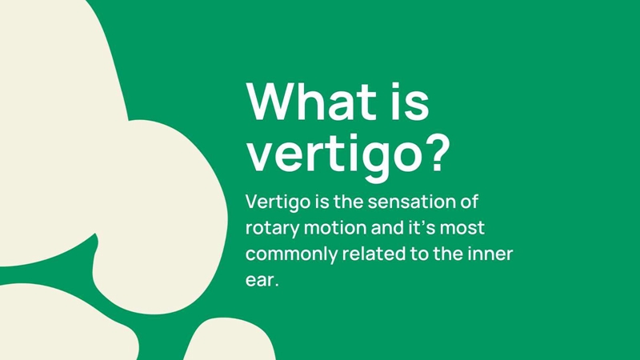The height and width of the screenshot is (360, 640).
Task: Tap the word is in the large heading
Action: [411, 102]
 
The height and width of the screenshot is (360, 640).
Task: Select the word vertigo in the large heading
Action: [334, 155]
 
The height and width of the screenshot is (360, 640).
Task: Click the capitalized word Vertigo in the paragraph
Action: [278, 202]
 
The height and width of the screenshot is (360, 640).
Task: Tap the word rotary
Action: [272, 228]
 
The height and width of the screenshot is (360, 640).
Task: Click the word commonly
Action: [291, 254]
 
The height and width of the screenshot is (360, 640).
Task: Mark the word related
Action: [374, 254]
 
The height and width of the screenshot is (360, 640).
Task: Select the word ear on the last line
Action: [258, 281]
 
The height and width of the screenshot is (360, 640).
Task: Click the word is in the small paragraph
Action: [322, 202]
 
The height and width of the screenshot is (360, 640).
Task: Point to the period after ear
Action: [276, 285]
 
